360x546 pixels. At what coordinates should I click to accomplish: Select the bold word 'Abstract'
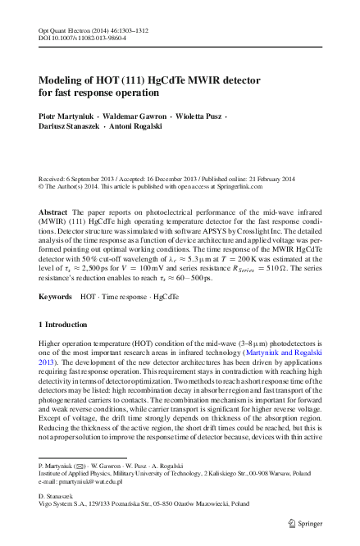coord(54,212)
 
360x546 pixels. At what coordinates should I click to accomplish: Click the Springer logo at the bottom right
coord(304,522)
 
